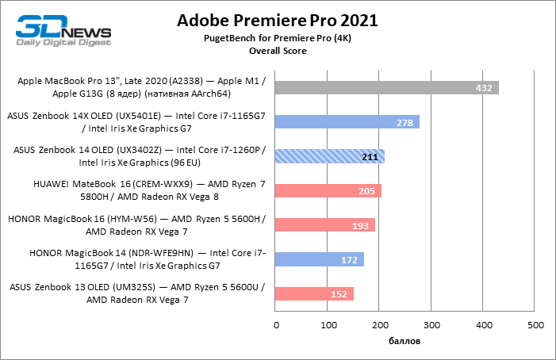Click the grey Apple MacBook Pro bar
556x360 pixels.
pos(387,87)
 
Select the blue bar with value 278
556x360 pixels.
pos(347,122)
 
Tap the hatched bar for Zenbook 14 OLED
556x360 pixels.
pos(329,156)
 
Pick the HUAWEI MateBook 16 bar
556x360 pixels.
pos(328,190)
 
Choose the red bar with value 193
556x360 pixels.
pos(324,225)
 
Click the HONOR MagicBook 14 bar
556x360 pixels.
pos(320,259)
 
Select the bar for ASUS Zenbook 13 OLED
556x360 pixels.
pos(314,294)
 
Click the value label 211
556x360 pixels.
pos(370,157)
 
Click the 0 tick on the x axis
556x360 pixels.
pos(276,325)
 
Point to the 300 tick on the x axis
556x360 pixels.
pos(431,325)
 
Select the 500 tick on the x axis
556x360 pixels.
pos(535,325)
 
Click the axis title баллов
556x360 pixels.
pos(405,342)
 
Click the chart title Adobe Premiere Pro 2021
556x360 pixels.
pos(278,19)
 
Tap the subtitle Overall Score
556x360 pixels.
pos(278,51)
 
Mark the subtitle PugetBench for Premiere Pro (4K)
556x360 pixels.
pos(278,38)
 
